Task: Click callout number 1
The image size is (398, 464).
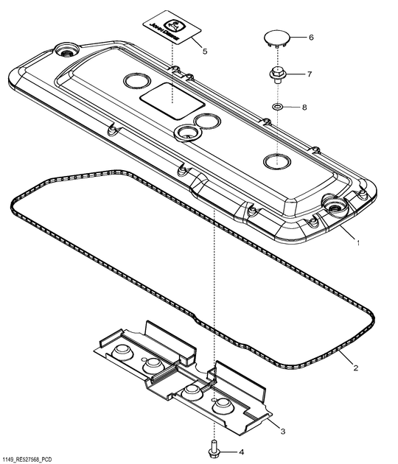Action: (x=358, y=242)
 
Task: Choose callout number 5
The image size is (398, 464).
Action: (x=205, y=52)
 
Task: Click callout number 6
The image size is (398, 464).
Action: (x=310, y=37)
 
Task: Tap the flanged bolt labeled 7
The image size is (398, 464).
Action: (x=276, y=74)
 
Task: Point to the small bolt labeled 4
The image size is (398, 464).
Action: (x=214, y=447)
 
